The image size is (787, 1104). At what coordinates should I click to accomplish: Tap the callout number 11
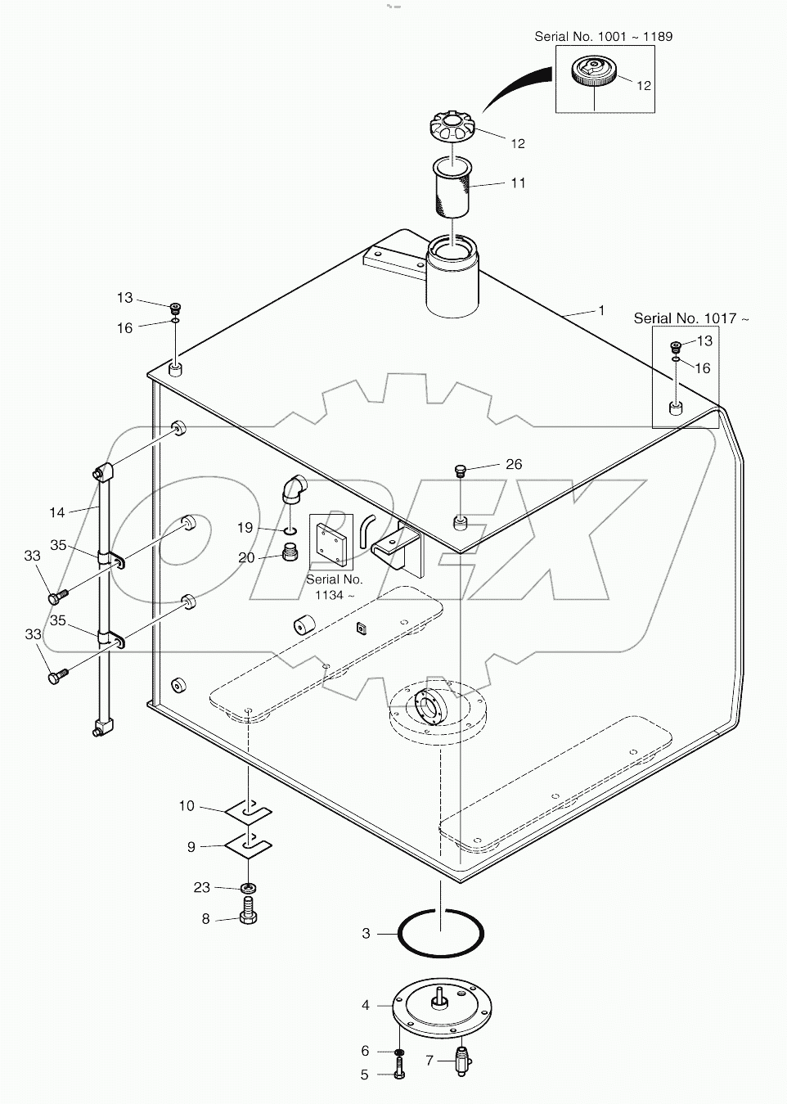click(x=518, y=183)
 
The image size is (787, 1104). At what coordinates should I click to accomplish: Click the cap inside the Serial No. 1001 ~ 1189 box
click(x=594, y=72)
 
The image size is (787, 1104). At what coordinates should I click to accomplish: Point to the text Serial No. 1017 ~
click(x=690, y=318)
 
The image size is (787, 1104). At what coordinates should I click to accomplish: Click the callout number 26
click(x=513, y=464)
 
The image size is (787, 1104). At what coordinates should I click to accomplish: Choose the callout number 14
click(x=56, y=512)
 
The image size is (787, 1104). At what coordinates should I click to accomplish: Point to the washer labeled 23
click(x=248, y=888)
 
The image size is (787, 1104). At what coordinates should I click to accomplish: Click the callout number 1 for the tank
click(x=601, y=311)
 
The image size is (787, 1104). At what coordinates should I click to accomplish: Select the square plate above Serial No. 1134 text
click(x=331, y=542)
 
